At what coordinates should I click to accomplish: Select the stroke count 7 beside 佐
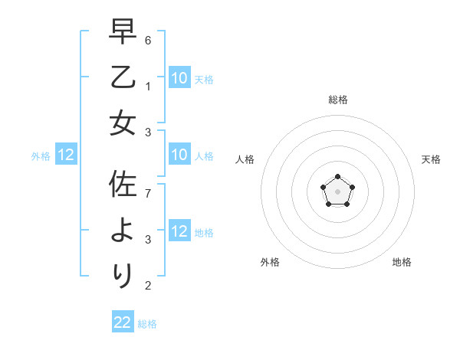tap(149, 193)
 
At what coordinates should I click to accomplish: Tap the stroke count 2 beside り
tap(149, 286)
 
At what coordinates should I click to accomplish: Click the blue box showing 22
tap(123, 322)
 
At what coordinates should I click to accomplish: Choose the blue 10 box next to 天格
tap(179, 77)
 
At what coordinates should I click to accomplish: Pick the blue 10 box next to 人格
tap(179, 155)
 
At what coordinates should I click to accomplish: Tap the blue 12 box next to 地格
tap(179, 231)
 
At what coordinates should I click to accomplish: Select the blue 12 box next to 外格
tap(65, 155)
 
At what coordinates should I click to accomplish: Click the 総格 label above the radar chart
tap(337, 100)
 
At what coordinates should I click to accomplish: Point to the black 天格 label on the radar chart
tap(431, 159)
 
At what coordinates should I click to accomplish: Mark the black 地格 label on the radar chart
tap(402, 262)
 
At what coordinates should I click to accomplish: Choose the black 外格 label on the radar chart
tap(270, 262)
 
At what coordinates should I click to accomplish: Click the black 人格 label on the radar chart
tap(245, 159)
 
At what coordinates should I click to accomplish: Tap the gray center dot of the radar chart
tap(337, 191)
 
